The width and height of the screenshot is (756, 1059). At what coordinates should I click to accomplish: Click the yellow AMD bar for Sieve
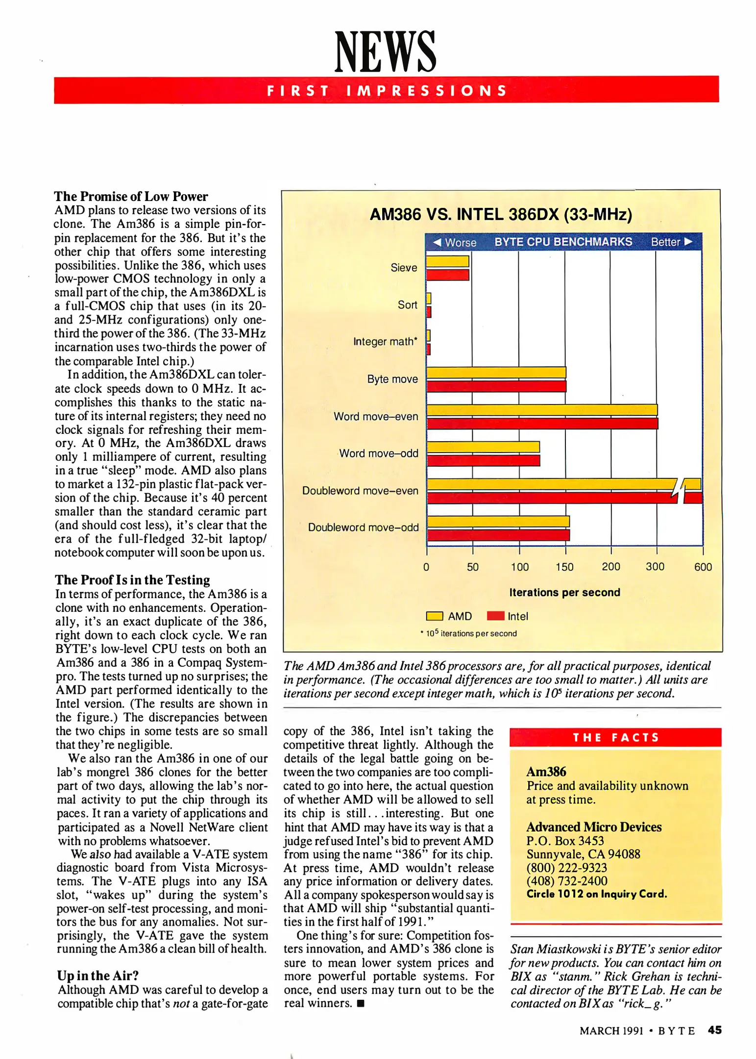click(447, 261)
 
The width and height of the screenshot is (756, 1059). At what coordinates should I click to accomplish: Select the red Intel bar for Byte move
click(496, 386)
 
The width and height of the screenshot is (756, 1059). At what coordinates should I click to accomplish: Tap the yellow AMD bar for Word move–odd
click(483, 447)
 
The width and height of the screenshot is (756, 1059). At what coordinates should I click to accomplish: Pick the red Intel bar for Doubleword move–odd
click(498, 535)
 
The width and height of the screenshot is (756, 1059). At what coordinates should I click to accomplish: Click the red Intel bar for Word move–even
click(542, 424)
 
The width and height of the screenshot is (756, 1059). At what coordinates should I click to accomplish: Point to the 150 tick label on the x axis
click(564, 567)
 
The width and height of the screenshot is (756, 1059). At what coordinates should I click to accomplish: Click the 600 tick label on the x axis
click(703, 567)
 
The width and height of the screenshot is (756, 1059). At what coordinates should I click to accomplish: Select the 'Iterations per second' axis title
click(564, 592)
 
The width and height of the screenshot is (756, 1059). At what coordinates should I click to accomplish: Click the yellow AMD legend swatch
click(435, 616)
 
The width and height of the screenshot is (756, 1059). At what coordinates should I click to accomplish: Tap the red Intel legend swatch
click(495, 616)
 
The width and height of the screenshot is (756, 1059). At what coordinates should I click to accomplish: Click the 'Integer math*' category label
click(385, 342)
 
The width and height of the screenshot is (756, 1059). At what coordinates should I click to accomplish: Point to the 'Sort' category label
click(407, 305)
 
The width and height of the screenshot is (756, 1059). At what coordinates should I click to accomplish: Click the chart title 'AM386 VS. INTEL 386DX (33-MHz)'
click(501, 215)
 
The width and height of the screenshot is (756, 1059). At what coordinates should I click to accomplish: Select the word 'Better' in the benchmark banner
click(665, 242)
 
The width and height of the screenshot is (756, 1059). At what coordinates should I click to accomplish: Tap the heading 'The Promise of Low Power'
click(131, 197)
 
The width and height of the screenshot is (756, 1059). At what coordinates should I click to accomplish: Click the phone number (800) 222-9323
click(566, 867)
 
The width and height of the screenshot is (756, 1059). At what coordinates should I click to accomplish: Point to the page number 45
click(714, 1030)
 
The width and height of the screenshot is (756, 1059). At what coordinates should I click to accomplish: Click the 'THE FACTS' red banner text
click(615, 737)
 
